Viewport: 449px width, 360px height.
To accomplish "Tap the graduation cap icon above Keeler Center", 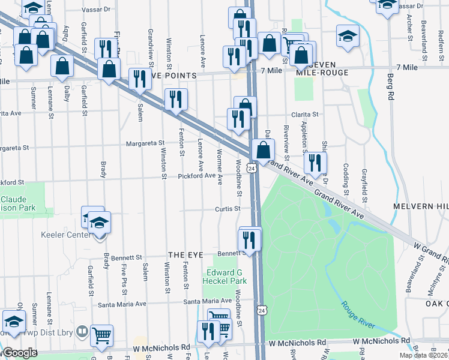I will point(100,223).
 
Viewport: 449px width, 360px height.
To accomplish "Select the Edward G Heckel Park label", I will point(224,277).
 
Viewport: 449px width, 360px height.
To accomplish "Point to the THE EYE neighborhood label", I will point(187,255).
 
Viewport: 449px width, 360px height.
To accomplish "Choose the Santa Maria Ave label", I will point(207,301).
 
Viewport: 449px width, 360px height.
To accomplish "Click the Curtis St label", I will point(228,209).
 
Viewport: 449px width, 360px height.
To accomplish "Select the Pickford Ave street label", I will point(196,176).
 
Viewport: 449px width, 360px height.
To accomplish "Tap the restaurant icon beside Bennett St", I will point(249,239).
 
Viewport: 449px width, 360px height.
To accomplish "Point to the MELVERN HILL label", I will point(420,206).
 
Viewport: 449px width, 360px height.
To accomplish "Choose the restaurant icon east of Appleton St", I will point(313,162).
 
